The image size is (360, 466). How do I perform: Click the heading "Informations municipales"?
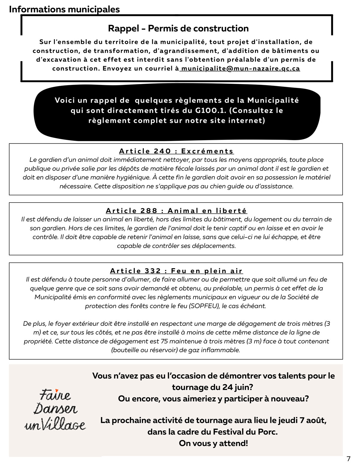64,9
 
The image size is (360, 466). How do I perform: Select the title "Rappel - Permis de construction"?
178,29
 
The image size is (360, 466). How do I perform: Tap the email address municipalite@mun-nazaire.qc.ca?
241,68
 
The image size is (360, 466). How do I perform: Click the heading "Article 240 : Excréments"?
176,151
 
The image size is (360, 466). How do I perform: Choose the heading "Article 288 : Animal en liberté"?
176,211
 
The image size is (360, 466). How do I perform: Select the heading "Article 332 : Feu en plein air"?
176,271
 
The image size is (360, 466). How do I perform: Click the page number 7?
348,459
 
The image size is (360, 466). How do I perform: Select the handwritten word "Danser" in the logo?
55,409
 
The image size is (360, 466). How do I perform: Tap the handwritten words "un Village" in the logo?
55,425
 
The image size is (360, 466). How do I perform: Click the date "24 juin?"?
238,387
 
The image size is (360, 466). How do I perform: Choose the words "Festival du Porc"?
245,432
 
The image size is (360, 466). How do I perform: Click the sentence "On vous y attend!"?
213,443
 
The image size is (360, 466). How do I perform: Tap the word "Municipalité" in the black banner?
273,100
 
